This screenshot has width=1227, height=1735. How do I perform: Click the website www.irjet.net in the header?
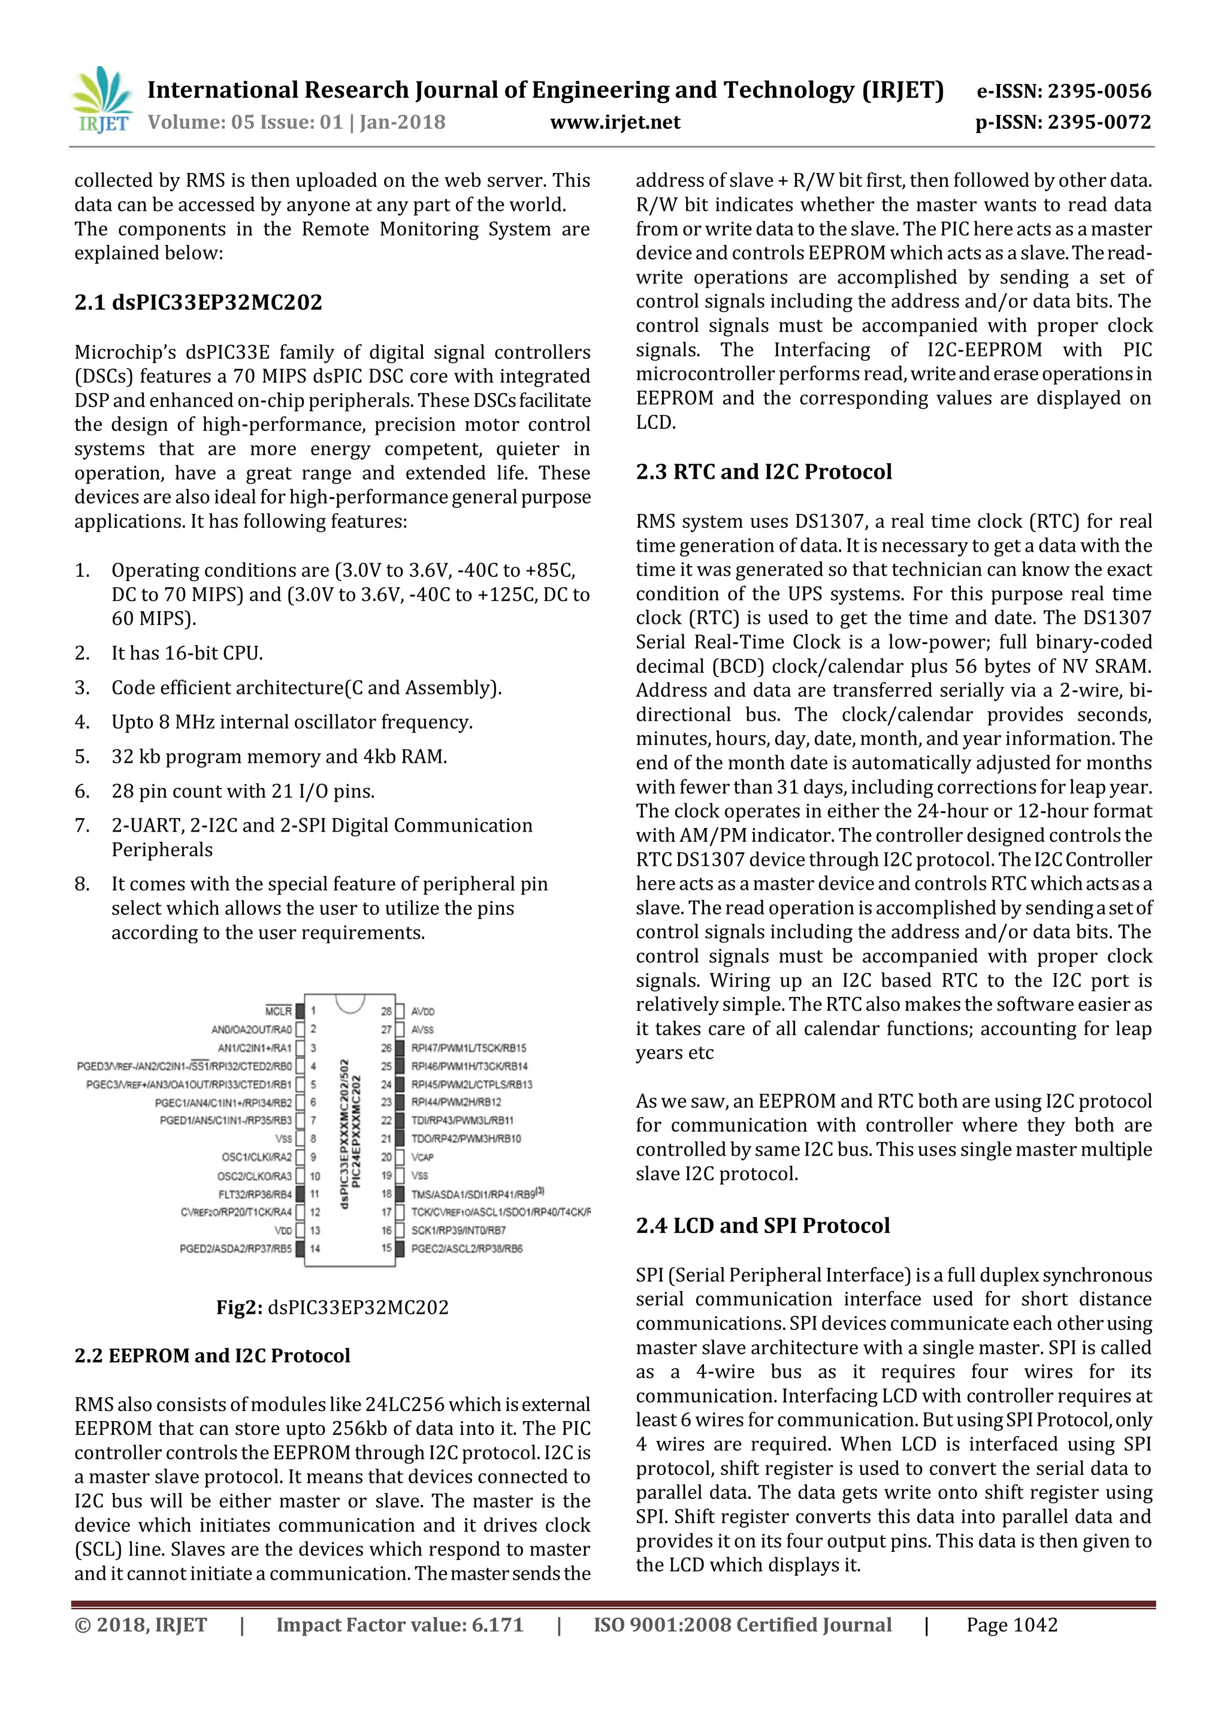tap(615, 122)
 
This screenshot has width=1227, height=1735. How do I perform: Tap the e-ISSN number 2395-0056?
tap(1100, 92)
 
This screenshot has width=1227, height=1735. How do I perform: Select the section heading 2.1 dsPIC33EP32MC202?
tap(198, 303)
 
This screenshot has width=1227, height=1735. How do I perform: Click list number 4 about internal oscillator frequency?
tap(81, 723)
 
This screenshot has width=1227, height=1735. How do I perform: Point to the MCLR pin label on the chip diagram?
tap(279, 1011)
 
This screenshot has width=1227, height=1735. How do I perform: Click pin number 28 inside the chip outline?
tap(386, 1011)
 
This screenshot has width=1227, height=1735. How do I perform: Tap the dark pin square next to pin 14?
tap(300, 1249)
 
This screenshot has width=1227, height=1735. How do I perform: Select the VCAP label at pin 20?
tap(422, 1157)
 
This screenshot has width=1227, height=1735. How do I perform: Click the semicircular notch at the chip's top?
tap(350, 1003)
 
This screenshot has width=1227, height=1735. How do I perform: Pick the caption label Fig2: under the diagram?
tap(240, 1307)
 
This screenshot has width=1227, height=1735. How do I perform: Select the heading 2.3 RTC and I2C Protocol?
tap(763, 471)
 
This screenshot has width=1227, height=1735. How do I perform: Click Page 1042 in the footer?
tap(1012, 1625)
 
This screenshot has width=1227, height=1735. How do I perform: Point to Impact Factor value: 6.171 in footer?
tap(400, 1625)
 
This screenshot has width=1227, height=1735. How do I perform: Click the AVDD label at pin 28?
tap(422, 1011)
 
